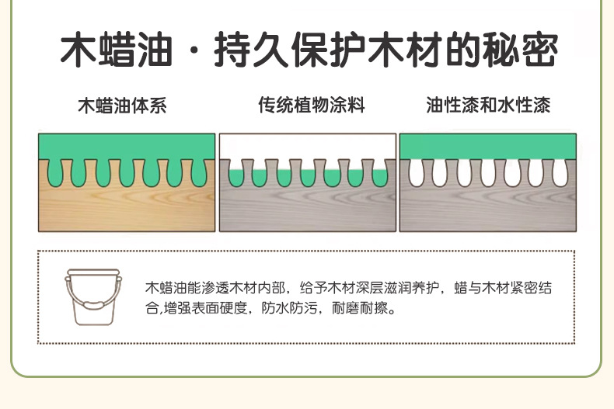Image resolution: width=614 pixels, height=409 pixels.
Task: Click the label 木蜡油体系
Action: click(x=122, y=106)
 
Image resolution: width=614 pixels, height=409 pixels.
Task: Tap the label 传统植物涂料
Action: click(x=312, y=106)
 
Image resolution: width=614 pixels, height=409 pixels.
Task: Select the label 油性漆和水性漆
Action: click(x=488, y=106)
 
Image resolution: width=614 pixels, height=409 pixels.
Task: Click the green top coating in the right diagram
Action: click(x=487, y=146)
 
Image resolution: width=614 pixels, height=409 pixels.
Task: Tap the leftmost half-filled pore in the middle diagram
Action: click(x=235, y=175)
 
